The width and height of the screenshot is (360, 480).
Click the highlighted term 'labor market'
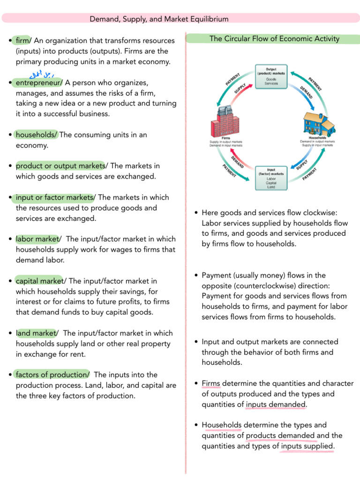click(x=37, y=239)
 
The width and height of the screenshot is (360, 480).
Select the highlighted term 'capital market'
click(x=39, y=281)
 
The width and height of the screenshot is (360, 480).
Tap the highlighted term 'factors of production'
click(x=52, y=375)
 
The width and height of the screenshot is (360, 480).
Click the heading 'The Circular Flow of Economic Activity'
click(x=274, y=39)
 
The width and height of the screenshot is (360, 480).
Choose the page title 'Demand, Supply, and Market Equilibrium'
click(x=159, y=19)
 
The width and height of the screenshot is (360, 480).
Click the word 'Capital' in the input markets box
click(x=271, y=183)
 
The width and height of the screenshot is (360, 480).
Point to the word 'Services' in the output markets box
click(x=271, y=83)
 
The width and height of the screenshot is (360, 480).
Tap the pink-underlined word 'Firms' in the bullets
click(x=211, y=383)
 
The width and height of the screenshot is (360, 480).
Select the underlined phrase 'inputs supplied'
click(x=307, y=446)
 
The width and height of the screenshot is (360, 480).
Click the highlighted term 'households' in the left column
click(x=36, y=135)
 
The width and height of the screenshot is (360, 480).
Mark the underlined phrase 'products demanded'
click(x=280, y=435)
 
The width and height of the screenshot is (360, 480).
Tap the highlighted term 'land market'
click(x=36, y=333)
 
